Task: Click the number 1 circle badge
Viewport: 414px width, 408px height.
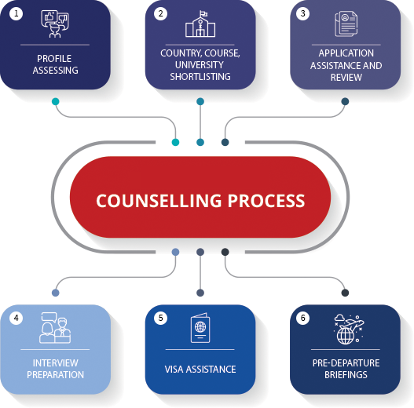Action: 16,13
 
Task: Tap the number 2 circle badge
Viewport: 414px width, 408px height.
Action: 160,13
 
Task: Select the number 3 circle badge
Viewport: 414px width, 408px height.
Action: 303,13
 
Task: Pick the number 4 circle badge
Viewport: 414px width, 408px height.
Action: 16,318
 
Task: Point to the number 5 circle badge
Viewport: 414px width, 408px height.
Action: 160,318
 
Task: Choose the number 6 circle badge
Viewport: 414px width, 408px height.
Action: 303,318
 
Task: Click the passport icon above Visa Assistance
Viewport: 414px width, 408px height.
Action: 200,328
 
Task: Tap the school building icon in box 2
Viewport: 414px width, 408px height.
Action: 200,24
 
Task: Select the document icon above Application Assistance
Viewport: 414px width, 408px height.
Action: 346,24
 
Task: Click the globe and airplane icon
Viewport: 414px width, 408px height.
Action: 349,329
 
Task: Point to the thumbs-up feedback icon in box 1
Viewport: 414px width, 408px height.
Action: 55,24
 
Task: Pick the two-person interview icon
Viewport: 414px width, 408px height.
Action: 55,328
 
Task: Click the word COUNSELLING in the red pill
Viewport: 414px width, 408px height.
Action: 159,201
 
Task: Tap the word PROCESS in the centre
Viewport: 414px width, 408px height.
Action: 266,201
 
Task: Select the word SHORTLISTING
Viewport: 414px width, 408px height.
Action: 200,76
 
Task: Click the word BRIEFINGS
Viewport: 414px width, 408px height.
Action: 346,374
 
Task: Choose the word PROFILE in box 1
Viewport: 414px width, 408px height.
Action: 54,59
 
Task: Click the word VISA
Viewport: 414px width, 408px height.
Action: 174,370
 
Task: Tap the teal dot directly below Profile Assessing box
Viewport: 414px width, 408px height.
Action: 56,101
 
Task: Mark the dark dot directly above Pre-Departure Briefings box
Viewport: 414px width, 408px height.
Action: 345,293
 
